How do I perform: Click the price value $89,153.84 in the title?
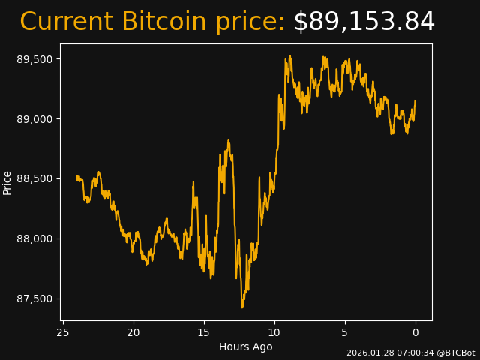pos(364,22)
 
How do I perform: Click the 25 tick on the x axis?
pos(63,332)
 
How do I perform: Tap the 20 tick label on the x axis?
pos(133,332)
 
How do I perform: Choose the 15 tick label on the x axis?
pos(204,332)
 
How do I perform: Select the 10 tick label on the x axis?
pos(274,332)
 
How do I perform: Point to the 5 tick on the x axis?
pos(345,332)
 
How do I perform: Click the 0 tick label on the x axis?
pos(415,332)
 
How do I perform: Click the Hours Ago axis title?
pos(246,346)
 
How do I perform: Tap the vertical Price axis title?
pos(7,182)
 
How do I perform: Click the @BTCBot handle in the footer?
pos(456,352)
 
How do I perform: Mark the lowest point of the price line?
pos(241,307)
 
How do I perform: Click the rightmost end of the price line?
pos(415,100)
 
